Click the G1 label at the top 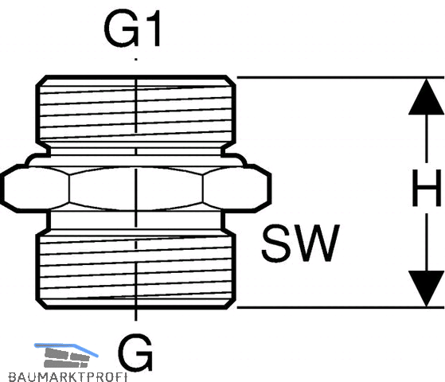[133, 29]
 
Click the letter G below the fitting [135, 352]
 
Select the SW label [301, 244]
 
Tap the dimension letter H [427, 188]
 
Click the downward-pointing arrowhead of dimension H [427, 288]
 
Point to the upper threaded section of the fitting [136, 111]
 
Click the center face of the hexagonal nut [136, 189]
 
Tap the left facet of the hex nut [36, 189]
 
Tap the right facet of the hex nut [236, 189]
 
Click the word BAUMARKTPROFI [68, 377]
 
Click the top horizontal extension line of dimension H [340, 77]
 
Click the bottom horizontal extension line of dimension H [340, 307]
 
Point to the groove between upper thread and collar [136, 150]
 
